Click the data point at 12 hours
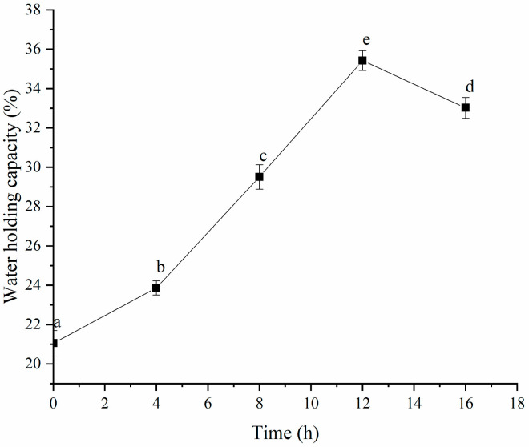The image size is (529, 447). (362, 60)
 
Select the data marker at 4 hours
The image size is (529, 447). (156, 288)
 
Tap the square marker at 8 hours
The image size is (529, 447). (259, 177)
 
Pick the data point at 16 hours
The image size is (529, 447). (465, 107)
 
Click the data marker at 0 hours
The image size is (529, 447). (54, 343)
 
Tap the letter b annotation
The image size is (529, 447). (159, 267)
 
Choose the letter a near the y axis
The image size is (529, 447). (56, 323)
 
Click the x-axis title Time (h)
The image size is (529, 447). (285, 433)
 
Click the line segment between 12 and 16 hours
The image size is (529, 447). (414, 84)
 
